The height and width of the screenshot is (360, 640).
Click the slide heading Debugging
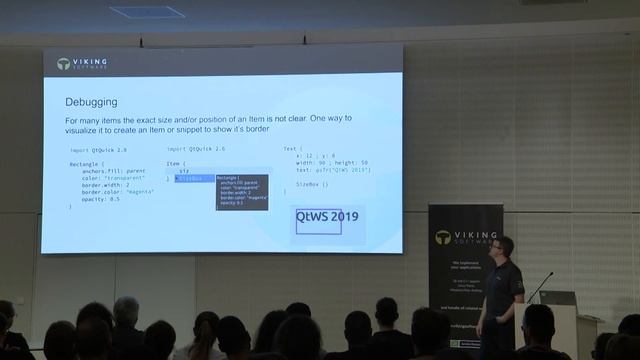click(92, 102)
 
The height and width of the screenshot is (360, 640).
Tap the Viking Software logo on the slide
click(82, 63)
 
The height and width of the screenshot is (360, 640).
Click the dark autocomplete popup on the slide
click(242, 190)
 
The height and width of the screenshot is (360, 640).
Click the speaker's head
click(504, 247)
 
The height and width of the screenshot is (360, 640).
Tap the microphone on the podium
click(540, 286)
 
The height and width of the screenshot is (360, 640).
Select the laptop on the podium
click(557, 298)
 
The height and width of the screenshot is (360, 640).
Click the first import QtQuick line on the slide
click(98, 148)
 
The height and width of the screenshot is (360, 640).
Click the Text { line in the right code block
click(292, 148)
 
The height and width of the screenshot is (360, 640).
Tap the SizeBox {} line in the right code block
click(311, 184)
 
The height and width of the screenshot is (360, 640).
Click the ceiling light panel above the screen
click(147, 12)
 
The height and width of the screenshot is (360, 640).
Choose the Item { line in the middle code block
click(176, 163)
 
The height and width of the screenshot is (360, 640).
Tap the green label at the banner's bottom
click(464, 343)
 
